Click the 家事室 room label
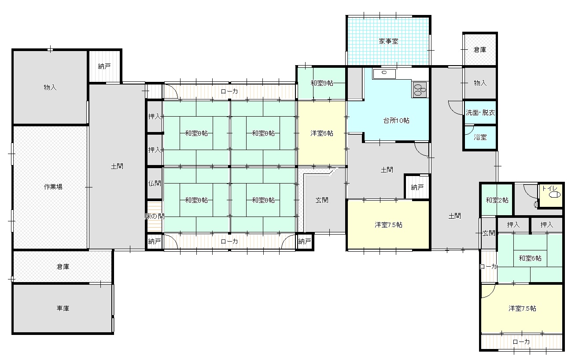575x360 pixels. click(388, 41)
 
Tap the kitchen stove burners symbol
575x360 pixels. click(419, 89)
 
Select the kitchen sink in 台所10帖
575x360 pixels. click(384, 73)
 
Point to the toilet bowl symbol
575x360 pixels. click(554, 195)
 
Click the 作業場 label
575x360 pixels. click(53, 187)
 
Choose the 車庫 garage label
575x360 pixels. click(63, 308)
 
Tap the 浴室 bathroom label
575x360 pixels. click(480, 137)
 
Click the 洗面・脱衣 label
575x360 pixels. click(480, 113)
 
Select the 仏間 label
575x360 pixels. click(155, 183)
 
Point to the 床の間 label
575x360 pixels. click(155, 216)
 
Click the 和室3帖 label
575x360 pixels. click(322, 83)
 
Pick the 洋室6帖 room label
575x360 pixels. click(322, 133)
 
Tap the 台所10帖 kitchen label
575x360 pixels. click(396, 121)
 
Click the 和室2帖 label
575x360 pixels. click(497, 200)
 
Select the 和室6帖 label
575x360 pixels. click(530, 258)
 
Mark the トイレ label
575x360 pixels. click(549, 188)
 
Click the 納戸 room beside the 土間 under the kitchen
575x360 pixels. click(417, 187)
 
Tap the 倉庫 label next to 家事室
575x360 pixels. click(480, 50)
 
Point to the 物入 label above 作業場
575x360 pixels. click(50, 88)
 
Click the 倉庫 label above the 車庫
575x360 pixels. click(63, 267)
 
